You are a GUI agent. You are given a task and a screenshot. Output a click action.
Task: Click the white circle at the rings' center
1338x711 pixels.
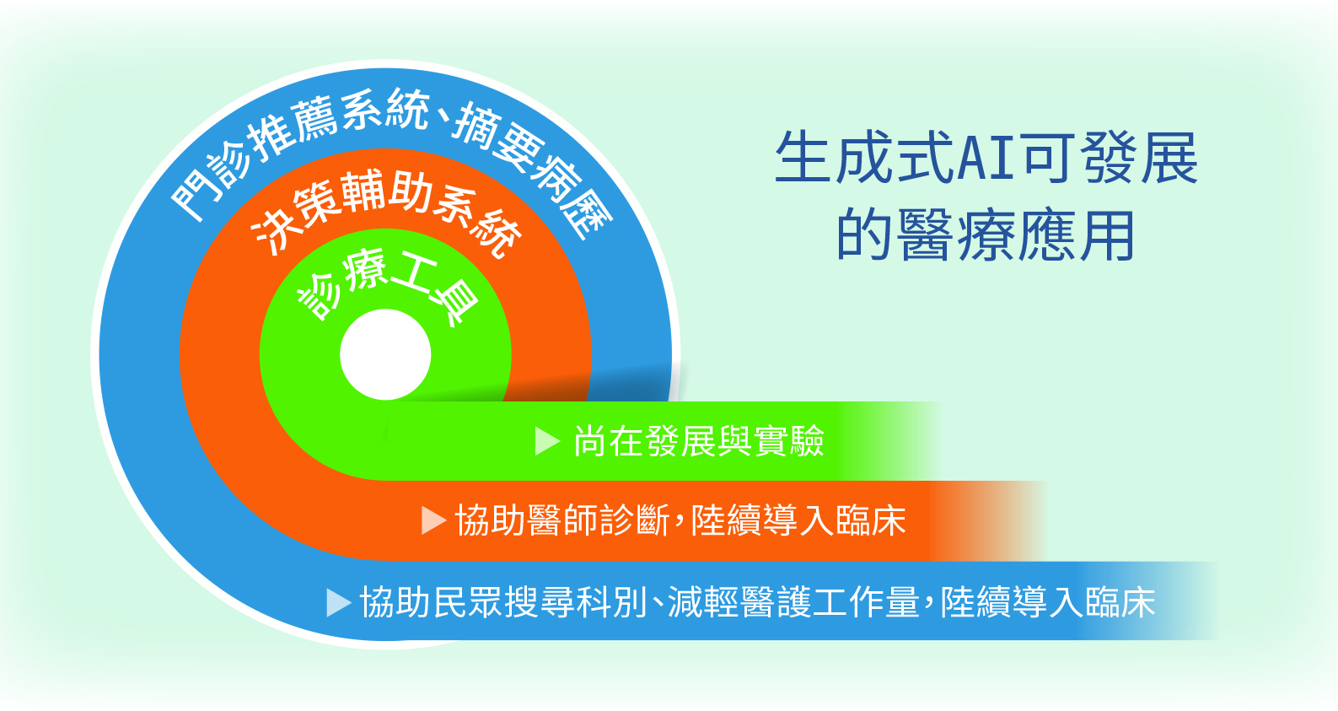pyautogui.click(x=385, y=354)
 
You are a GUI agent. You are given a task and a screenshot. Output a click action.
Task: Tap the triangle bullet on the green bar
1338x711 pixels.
pyautogui.click(x=547, y=441)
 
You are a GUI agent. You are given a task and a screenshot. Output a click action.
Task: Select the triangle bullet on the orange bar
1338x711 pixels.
pyautogui.click(x=433, y=520)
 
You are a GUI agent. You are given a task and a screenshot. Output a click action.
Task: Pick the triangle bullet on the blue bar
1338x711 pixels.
pyautogui.click(x=339, y=602)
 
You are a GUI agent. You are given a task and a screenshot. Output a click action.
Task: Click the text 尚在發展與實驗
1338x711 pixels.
pyautogui.click(x=699, y=441)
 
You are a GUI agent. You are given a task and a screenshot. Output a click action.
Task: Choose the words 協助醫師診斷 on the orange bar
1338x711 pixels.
pyautogui.click(x=562, y=520)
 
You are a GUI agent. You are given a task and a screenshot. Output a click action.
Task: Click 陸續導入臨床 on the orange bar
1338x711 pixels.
pyautogui.click(x=798, y=520)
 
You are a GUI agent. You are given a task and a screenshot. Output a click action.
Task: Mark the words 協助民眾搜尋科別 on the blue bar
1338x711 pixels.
pyautogui.click(x=503, y=602)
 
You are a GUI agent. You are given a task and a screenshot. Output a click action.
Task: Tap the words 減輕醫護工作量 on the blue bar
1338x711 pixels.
pyautogui.click(x=794, y=602)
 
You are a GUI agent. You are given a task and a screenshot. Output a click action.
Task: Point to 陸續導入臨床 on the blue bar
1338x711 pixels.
pyautogui.click(x=1048, y=602)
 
